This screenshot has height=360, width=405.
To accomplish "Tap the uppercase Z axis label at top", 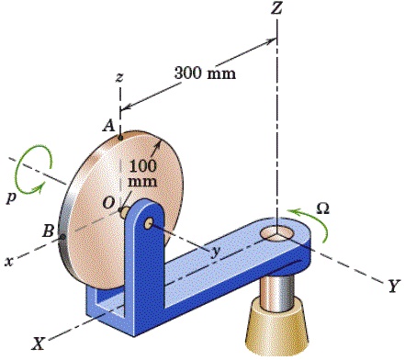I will (x=276, y=10).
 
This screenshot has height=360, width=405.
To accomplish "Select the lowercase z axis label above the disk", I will (x=119, y=79).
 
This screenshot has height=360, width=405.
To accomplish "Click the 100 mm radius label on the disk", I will (x=142, y=175).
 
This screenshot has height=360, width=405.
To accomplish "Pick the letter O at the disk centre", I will (x=108, y=202).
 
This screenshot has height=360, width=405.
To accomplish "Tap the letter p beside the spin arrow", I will (x=11, y=197).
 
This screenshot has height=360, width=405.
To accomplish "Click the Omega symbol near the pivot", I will (x=322, y=208).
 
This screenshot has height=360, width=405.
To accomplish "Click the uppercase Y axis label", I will (x=392, y=287).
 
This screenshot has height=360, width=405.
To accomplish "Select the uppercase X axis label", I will (x=39, y=343).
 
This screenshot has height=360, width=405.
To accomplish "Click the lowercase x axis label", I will (x=8, y=261).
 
